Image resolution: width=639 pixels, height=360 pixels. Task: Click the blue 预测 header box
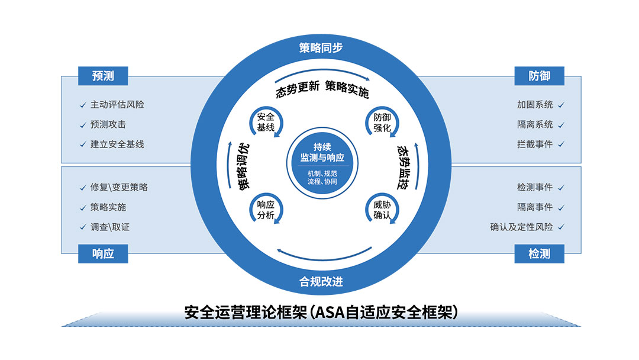pos(103,76)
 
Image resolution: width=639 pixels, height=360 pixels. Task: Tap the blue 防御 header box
pos(539,76)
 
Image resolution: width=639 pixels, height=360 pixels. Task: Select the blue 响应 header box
pos(103,253)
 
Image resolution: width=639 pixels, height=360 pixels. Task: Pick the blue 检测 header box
pos(539,253)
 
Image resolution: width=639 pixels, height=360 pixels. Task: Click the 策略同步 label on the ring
pos(321,49)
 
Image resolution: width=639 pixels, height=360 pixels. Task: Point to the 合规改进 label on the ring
pos(321,281)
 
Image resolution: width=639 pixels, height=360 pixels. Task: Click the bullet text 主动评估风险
pos(117,105)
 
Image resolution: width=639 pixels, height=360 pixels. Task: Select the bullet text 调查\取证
pos(110,227)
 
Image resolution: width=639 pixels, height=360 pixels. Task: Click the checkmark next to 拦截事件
pos(561,144)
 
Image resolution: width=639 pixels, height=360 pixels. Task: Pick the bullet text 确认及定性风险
pos(521,227)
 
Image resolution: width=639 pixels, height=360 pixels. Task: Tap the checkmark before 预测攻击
pos(82,125)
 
